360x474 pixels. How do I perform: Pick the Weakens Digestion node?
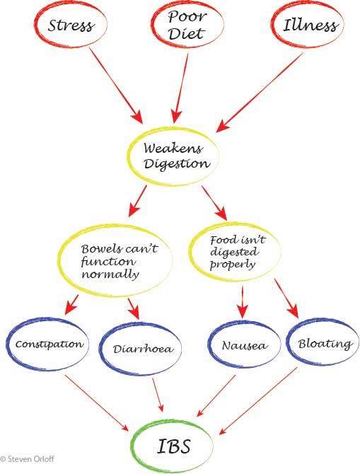[x=128, y=157]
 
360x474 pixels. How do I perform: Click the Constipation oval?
[x=7, y=345]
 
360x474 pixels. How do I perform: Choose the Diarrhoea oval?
[x=100, y=349]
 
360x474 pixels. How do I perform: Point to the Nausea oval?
[x=209, y=345]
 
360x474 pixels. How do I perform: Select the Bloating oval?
[x=288, y=342]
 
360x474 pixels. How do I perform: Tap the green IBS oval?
[x=132, y=446]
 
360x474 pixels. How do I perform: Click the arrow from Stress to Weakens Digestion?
[x=116, y=85]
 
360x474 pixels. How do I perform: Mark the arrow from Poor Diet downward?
[x=181, y=88]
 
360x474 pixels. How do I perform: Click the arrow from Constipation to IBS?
[x=96, y=403]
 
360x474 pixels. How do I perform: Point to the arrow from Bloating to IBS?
[x=258, y=401]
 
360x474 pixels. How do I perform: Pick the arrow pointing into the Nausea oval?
[x=243, y=301]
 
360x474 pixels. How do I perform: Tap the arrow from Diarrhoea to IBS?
[x=158, y=395]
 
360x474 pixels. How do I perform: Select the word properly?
[x=233, y=265]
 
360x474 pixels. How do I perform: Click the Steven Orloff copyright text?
[x=27, y=459]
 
